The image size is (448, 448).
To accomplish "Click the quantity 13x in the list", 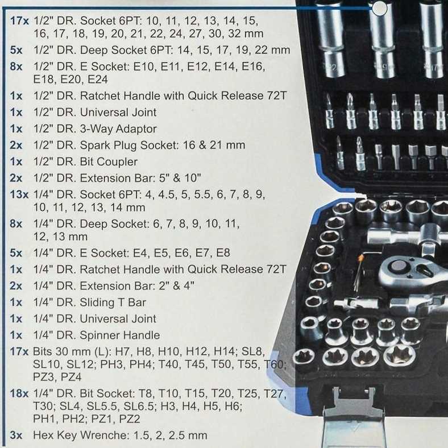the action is click(x=19, y=194).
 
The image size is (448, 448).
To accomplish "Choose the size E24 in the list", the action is click(x=98, y=80).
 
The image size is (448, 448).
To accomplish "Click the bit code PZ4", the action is click(x=71, y=377).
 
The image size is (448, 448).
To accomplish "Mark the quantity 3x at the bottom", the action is click(x=16, y=435).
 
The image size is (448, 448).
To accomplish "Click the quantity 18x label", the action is click(x=19, y=394).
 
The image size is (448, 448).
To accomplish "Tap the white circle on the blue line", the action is click(x=380, y=8).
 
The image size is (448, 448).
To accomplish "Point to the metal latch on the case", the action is click(x=354, y=414).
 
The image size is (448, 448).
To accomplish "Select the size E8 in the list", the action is click(x=223, y=253).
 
